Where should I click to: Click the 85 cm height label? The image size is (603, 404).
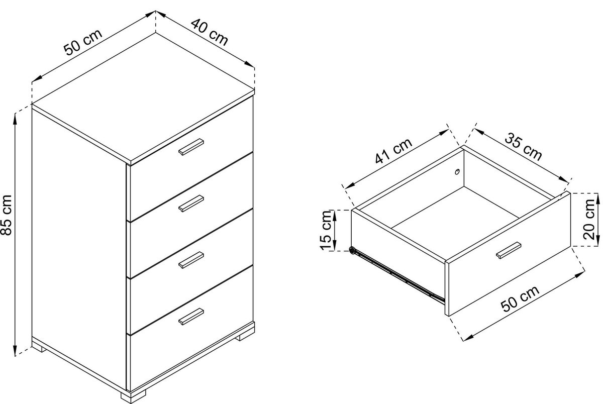[6, 215]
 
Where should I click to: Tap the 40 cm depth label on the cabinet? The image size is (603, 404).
[210, 32]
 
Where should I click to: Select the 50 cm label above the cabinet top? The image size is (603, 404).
[83, 42]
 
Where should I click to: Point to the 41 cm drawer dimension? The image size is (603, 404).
[393, 151]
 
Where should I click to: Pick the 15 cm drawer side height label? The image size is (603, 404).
[326, 231]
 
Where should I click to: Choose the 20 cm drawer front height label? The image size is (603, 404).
[589, 220]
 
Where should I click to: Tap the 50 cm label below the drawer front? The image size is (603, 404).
[520, 298]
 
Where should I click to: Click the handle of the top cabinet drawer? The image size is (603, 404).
[191, 147]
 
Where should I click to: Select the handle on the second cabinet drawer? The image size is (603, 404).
[191, 204]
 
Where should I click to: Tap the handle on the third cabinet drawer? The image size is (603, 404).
[191, 260]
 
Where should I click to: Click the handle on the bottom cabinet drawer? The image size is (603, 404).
[191, 317]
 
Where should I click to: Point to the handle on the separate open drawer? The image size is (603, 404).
[509, 251]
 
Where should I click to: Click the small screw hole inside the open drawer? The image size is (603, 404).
[457, 172]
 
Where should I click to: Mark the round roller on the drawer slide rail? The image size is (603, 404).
[352, 251]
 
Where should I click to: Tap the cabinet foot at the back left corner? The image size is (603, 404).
[39, 348]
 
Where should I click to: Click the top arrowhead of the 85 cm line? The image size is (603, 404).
[16, 119]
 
